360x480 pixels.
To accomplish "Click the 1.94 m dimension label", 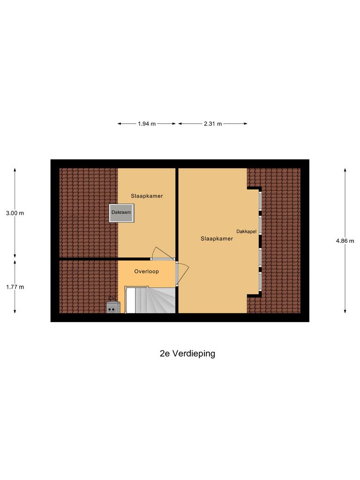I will (x=147, y=124).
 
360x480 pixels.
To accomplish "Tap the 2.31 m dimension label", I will (x=213, y=124).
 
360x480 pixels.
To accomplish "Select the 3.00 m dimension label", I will (x=15, y=213).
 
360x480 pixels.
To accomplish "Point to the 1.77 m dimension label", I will (x=15, y=287).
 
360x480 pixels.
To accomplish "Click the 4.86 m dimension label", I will (x=345, y=241).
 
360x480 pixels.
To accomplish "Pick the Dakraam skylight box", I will (x=121, y=212).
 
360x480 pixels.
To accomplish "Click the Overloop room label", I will (x=146, y=271).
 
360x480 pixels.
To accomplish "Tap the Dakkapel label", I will (x=246, y=231).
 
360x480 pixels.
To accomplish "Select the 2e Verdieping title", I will (x=187, y=354).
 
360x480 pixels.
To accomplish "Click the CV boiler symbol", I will (x=112, y=307).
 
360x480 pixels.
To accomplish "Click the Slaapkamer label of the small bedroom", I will (x=147, y=196).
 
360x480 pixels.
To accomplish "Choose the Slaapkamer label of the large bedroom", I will (x=217, y=239).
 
